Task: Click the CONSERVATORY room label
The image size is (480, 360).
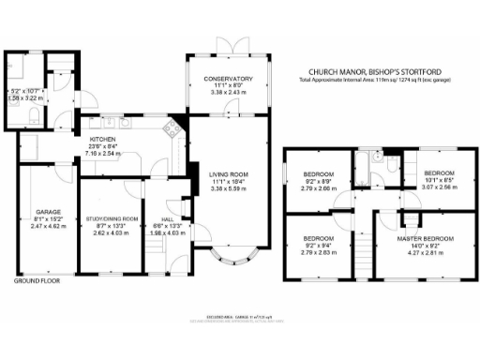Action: tap(230, 79)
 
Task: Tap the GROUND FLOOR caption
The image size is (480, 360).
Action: tap(37, 279)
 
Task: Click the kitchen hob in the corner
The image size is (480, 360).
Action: tap(172, 129)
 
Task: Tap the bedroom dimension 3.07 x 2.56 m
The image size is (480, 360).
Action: tap(438, 187)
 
